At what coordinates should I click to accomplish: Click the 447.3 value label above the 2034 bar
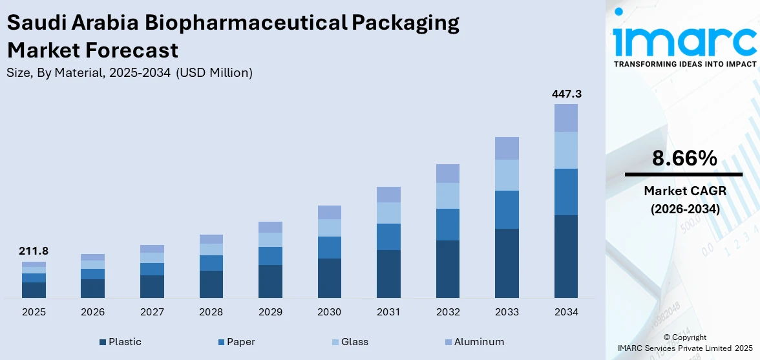click(566, 94)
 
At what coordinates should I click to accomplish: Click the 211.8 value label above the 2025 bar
click(34, 251)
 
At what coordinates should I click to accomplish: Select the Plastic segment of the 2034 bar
click(566, 256)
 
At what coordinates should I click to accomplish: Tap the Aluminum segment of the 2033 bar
click(507, 148)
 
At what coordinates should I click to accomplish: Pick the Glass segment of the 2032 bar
click(448, 195)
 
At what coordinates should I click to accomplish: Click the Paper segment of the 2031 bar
click(388, 237)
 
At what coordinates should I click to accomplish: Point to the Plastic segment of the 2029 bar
click(270, 281)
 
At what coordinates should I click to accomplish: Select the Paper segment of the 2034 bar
click(566, 191)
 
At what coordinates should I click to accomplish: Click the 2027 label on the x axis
click(152, 312)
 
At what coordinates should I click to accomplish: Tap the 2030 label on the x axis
click(329, 312)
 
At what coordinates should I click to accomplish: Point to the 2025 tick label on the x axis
click(34, 312)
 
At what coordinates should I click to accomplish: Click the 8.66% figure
click(684, 158)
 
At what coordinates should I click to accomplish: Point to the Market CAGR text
click(684, 191)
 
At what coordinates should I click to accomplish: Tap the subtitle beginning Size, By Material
click(129, 73)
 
